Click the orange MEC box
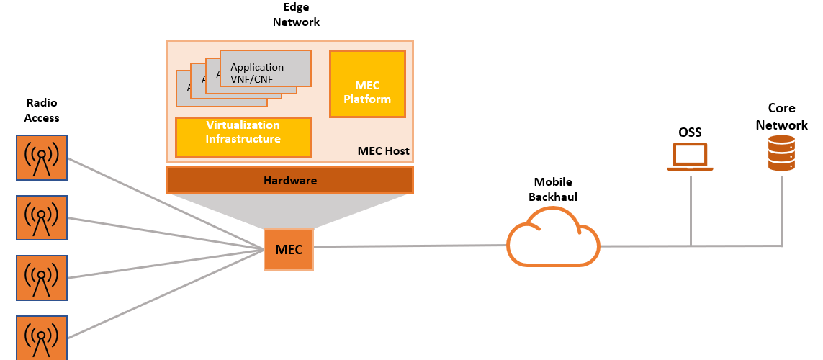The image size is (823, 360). [x=289, y=249]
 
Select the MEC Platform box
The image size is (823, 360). [x=367, y=84]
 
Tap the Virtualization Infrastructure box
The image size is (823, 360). [x=243, y=137]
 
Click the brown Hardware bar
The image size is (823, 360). [x=289, y=180]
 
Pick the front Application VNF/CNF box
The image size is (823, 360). [x=265, y=68]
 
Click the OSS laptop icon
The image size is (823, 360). [x=690, y=157]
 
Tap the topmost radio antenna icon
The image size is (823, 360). [x=42, y=158]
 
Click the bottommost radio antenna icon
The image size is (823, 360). [x=42, y=337]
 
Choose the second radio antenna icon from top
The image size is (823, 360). [x=42, y=217]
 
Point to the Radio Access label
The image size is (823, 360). [x=42, y=110]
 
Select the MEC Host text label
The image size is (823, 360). [x=383, y=151]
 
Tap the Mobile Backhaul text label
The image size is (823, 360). [x=553, y=189]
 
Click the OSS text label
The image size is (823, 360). [x=690, y=132]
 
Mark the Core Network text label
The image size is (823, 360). [x=781, y=117]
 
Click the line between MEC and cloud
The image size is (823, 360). [x=410, y=246]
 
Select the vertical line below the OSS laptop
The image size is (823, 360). [x=691, y=209]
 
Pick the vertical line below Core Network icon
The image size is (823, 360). [x=782, y=209]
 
